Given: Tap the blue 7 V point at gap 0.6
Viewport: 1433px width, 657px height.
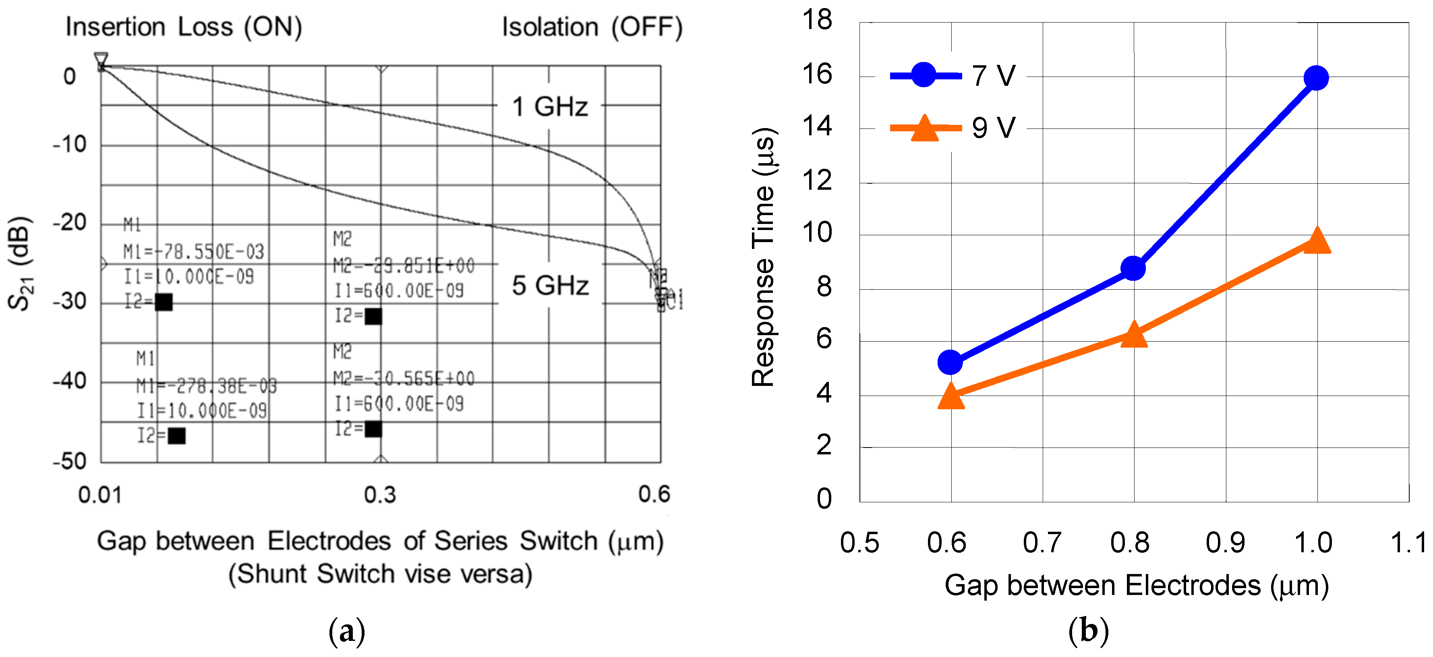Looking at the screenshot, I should pyautogui.click(x=950, y=362).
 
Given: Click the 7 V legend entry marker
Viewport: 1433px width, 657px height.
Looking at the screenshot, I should pyautogui.click(x=924, y=75).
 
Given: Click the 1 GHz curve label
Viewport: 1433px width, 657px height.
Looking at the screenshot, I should pyautogui.click(x=550, y=106).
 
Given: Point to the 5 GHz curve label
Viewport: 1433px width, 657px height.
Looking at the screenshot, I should pyautogui.click(x=550, y=285).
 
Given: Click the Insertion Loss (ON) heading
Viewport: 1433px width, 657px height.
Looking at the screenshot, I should pyautogui.click(x=184, y=27).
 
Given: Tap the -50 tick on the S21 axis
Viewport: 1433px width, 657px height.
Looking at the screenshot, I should pyautogui.click(x=70, y=461).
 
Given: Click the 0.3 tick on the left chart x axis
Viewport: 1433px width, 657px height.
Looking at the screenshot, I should pyautogui.click(x=380, y=495).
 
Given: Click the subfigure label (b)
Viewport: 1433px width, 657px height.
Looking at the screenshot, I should pyautogui.click(x=1088, y=631).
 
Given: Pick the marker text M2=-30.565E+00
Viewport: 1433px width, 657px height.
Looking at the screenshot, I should pyautogui.click(x=404, y=379).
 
